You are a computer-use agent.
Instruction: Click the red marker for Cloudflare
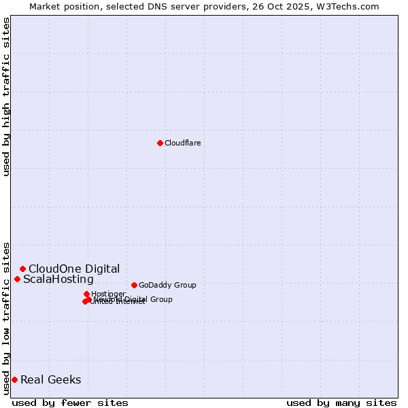pyautogui.click(x=160, y=143)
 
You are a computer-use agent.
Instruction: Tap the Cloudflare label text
pyautogui.click(x=182, y=143)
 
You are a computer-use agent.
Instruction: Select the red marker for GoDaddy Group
pyautogui.click(x=134, y=285)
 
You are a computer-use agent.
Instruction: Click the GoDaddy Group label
pyautogui.click(x=167, y=285)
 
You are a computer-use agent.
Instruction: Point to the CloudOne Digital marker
pyautogui.click(x=22, y=269)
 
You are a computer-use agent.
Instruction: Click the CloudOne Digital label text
pyautogui.click(x=74, y=269)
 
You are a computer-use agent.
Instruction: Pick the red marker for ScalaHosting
pyautogui.click(x=17, y=279)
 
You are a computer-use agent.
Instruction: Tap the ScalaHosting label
pyautogui.click(x=58, y=279)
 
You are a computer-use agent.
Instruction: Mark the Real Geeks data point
pyautogui.click(x=14, y=379)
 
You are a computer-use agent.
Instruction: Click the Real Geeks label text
pyautogui.click(x=51, y=380)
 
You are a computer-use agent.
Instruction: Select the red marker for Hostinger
pyautogui.click(x=86, y=294)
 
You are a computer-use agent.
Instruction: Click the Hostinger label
pyautogui.click(x=108, y=294)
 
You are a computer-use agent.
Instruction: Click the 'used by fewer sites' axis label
pyautogui.click(x=70, y=403)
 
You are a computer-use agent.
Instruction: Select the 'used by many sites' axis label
pyautogui.click(x=341, y=403)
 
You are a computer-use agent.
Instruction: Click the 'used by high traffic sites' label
pyautogui.click(x=6, y=97)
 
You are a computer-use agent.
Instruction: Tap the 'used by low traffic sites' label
pyautogui.click(x=6, y=318)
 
